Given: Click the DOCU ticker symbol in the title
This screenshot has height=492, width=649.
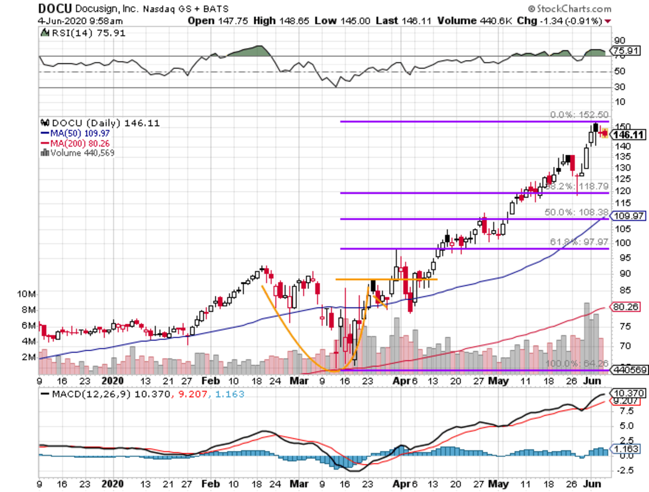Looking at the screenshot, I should [52, 9].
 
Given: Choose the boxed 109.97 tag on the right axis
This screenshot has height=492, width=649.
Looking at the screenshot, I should [626, 216].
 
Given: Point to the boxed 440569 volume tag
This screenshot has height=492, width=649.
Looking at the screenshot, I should [626, 371].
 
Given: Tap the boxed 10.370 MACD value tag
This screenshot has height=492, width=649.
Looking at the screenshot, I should [626, 392].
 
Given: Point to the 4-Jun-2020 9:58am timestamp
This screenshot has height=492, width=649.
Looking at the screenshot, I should [81, 21].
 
